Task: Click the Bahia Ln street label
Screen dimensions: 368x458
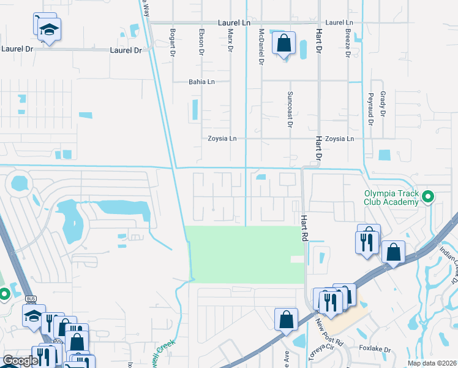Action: coord(201,82)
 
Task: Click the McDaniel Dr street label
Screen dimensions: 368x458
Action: coord(261,47)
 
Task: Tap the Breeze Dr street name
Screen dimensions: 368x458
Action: coord(347,43)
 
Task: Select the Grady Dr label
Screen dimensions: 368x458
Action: coord(383,105)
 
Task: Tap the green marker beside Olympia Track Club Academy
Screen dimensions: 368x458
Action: coord(428,197)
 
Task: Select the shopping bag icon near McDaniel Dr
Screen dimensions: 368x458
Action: coord(283,44)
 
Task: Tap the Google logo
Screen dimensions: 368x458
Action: coord(20,361)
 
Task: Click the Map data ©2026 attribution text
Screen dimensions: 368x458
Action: coord(432,363)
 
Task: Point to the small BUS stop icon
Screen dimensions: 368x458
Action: coord(32,299)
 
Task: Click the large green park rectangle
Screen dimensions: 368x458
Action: coord(245,254)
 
